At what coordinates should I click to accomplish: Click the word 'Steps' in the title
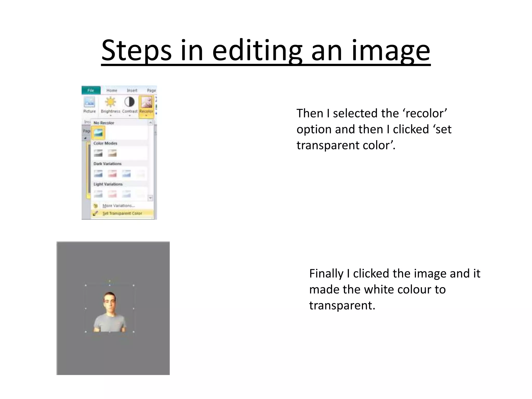[136, 51]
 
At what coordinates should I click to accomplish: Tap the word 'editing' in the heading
[257, 51]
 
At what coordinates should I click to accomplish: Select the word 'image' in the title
[391, 51]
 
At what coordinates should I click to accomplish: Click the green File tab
[91, 90]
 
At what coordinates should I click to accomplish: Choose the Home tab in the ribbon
[112, 90]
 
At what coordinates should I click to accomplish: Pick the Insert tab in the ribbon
[132, 90]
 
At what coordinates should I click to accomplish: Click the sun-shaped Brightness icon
[111, 102]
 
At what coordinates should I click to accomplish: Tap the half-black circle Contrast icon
[129, 102]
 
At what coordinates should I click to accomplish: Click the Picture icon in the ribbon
[90, 103]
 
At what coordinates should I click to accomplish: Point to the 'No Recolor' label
[104, 123]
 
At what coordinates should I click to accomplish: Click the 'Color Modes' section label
[105, 143]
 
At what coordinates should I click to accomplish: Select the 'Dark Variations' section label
[107, 164]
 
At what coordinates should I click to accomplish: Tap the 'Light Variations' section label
[108, 184]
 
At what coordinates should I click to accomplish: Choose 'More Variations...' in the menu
[118, 206]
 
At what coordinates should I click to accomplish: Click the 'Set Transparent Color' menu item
[122, 213]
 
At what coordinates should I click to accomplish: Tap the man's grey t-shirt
[109, 323]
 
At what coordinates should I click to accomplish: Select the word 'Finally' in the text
[326, 274]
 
